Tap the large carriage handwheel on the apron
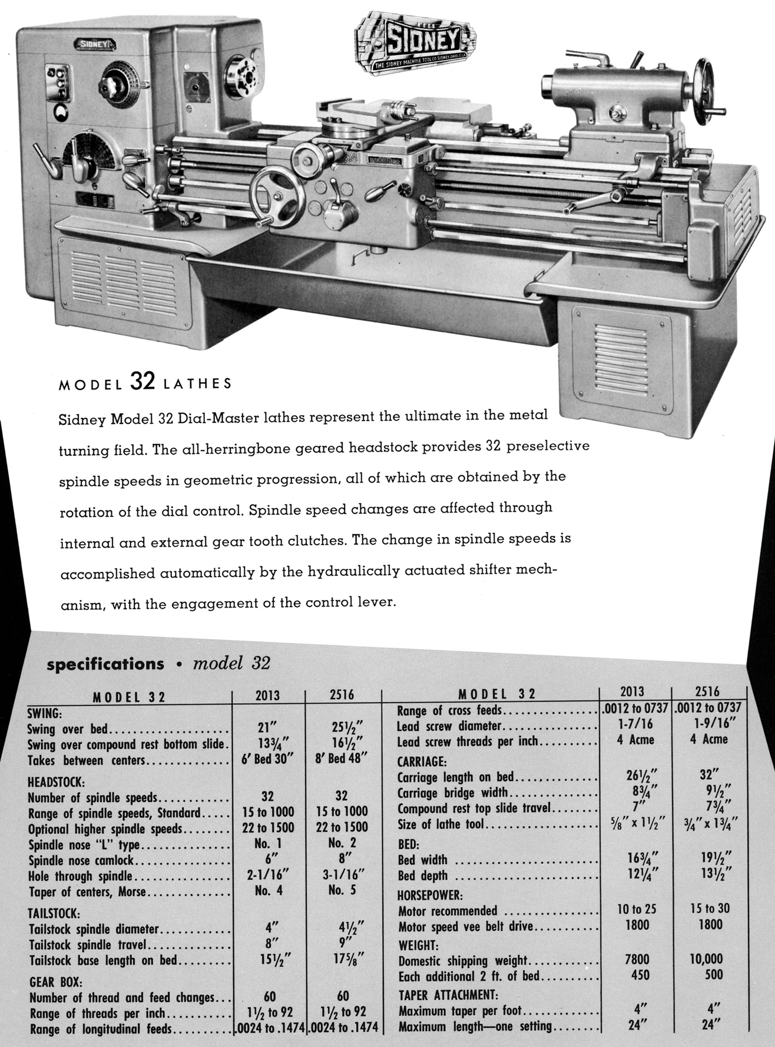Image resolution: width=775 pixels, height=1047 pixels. point(277,195)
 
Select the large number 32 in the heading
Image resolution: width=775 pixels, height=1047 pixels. point(142,382)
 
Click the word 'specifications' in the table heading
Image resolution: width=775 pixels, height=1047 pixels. point(105,664)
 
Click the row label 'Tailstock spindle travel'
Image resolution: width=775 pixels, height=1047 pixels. point(87,946)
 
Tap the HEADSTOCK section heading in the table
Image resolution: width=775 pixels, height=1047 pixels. point(57,783)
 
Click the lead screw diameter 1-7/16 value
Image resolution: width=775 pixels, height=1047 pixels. point(635,725)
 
